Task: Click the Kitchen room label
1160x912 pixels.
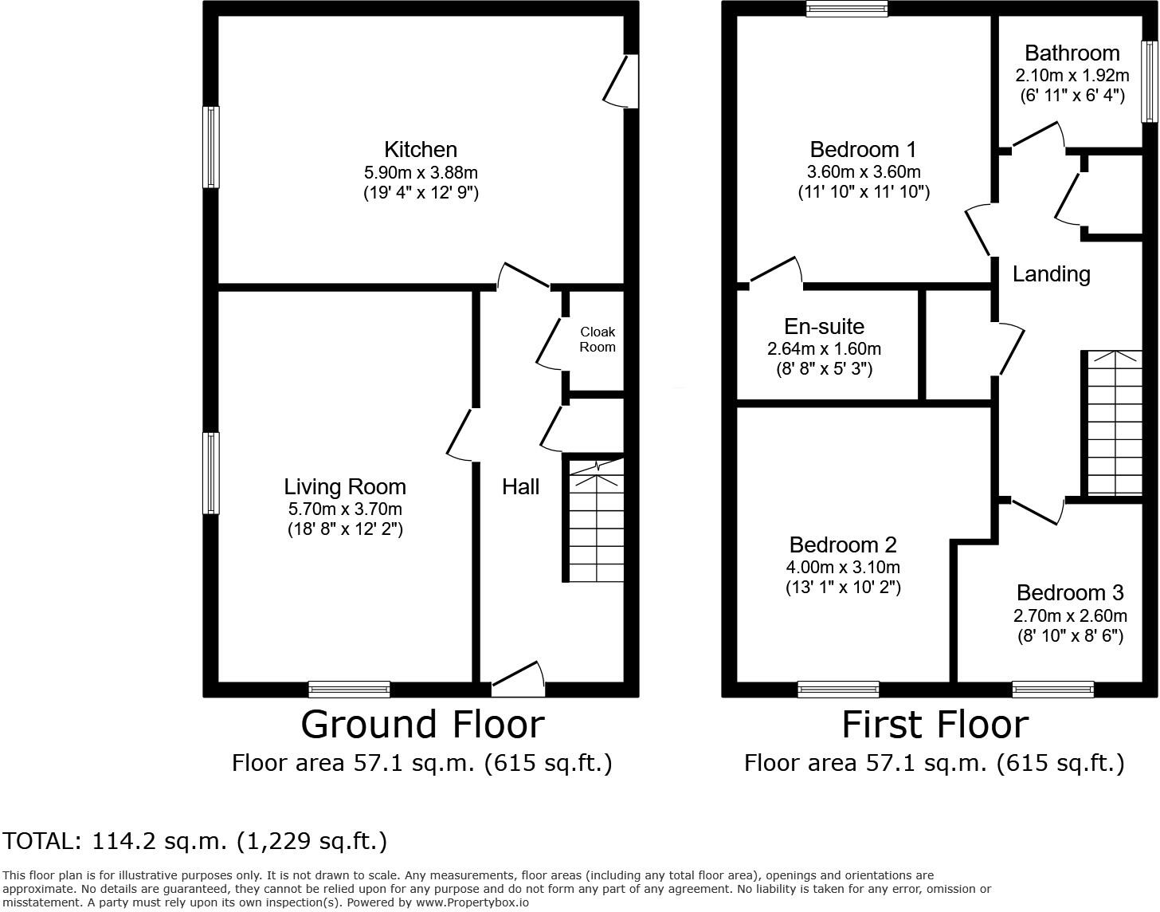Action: point(421,150)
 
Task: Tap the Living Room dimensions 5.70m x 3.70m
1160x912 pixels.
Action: point(345,509)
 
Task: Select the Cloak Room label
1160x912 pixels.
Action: point(598,340)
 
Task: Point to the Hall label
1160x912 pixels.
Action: point(520,487)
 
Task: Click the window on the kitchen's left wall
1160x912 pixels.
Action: point(211,147)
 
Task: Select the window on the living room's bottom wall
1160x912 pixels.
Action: point(349,690)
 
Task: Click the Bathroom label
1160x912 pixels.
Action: point(1072,53)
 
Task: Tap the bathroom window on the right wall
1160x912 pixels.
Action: point(1149,81)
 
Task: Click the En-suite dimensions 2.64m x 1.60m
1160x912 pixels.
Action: point(824,349)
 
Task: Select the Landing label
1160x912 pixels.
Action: point(1051,274)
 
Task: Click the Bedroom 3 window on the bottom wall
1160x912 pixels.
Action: point(1052,690)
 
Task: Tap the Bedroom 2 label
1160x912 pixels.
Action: point(843,545)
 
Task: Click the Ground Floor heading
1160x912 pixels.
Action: point(422,725)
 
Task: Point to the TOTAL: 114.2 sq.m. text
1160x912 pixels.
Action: point(195,841)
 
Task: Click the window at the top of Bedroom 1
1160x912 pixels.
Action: point(846,9)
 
